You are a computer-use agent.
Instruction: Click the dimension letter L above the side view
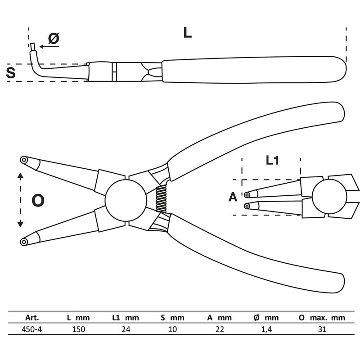[187, 32]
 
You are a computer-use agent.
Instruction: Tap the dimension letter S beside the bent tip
[11, 72]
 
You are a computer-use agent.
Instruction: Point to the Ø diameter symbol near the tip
[54, 39]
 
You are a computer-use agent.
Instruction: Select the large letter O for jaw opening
[38, 200]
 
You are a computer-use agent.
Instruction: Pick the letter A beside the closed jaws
[233, 197]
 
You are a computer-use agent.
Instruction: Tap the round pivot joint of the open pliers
[126, 200]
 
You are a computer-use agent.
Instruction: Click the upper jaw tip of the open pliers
[24, 160]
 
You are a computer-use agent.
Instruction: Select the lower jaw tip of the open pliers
[24, 242]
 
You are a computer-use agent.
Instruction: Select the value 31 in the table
[321, 329]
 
